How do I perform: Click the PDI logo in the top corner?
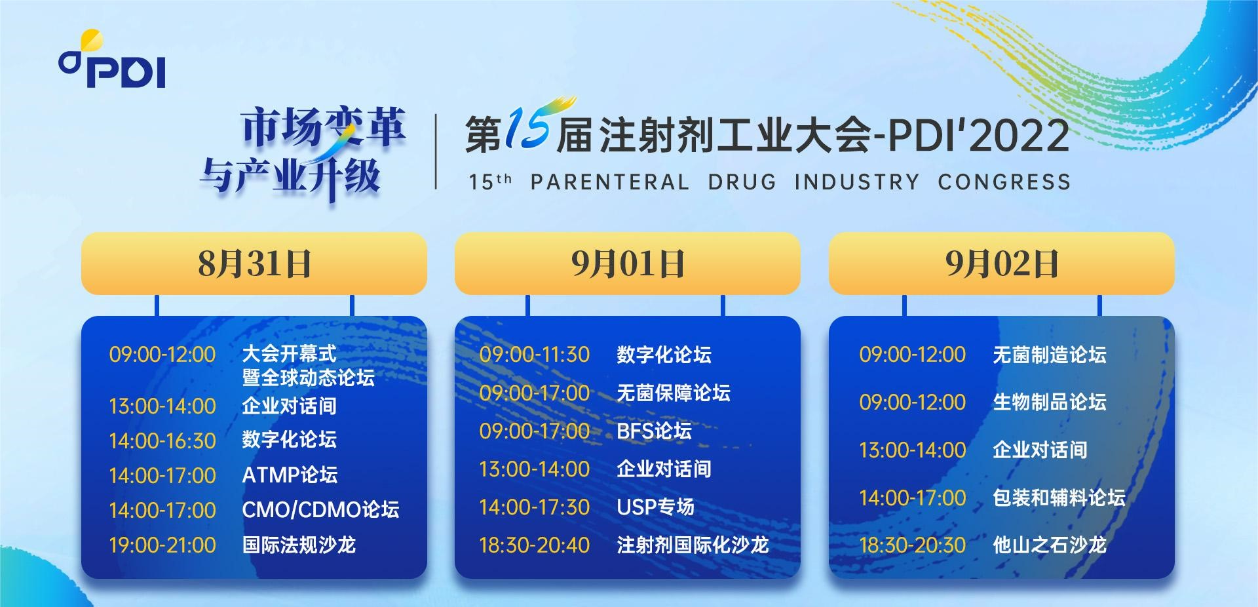112,60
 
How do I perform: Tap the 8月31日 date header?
254,264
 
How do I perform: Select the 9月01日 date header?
628,264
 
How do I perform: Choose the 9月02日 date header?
1002,264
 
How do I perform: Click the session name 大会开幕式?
289,354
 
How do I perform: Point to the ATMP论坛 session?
290,475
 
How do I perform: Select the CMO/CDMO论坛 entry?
320,509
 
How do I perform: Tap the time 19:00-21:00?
162,545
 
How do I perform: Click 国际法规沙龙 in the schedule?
299,545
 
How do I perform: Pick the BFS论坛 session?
654,431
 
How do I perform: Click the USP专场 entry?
655,507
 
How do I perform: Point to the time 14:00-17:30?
535,507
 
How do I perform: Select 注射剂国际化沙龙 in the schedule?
693,545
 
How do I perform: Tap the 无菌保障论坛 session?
674,393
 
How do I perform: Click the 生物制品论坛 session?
1050,402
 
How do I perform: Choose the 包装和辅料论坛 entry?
1059,498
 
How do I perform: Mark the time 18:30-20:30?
913,545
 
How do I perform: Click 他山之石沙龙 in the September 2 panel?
1050,545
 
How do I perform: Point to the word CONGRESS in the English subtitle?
1004,182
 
